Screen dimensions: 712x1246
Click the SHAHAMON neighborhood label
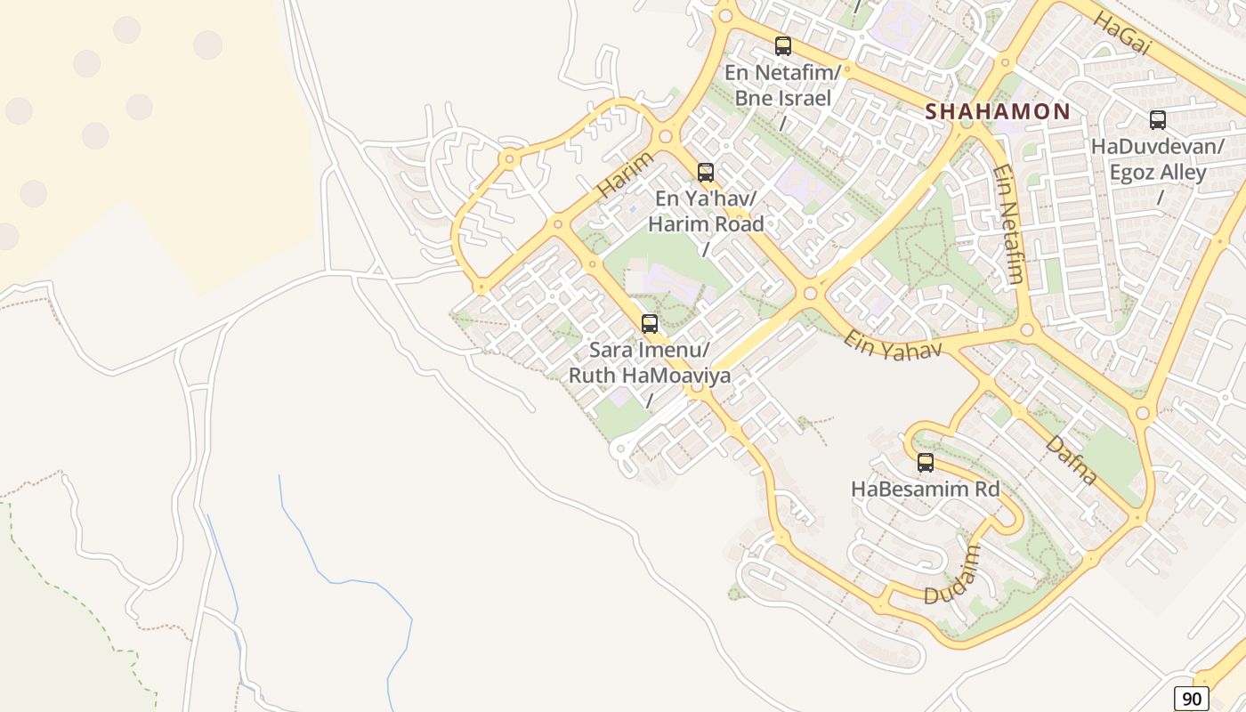pos(998,111)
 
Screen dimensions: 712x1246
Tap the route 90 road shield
pos(1191,699)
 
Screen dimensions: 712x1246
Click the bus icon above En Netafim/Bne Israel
pos(783,46)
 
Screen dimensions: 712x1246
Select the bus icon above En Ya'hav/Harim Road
pos(706,173)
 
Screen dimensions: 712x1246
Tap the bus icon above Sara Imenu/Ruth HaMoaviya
pos(650,324)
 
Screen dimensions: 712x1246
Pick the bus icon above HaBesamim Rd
pos(926,463)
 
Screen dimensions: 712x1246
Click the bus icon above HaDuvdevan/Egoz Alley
pos(1158,120)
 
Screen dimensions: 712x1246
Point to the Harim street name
pos(625,174)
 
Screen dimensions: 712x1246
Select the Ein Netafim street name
pos(1008,223)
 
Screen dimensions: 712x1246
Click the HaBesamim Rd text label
pos(926,489)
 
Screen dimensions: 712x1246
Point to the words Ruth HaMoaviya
pos(650,376)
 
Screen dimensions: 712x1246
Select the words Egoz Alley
pos(1158,172)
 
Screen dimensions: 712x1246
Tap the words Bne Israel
pos(782,98)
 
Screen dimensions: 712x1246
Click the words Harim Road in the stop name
pos(706,223)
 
